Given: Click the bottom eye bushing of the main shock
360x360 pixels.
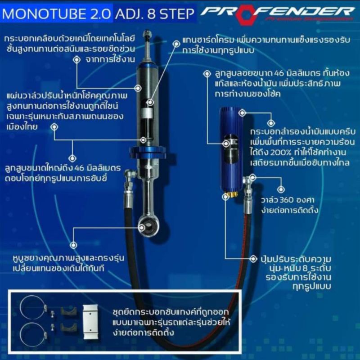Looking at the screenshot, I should tap(149, 224).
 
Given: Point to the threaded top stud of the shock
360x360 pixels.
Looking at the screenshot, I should tap(148, 38).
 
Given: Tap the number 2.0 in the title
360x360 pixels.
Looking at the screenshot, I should tap(102, 13).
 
